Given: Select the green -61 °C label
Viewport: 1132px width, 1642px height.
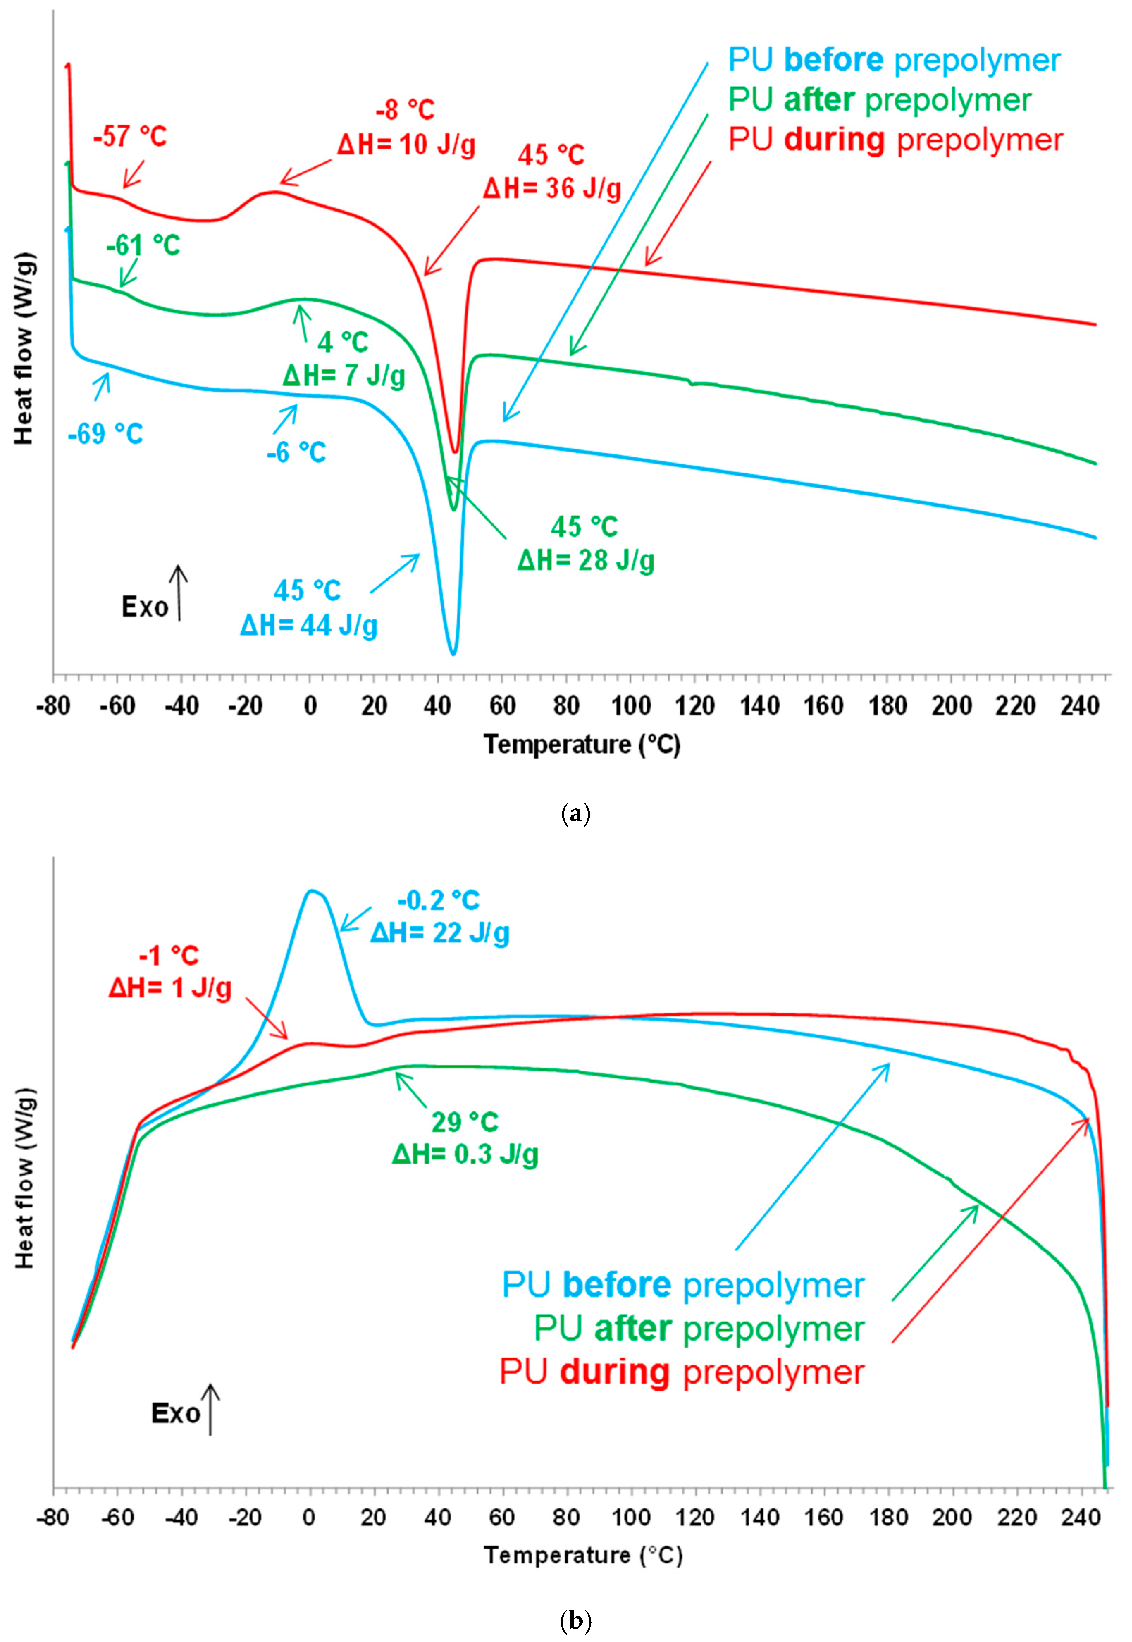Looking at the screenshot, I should [143, 245].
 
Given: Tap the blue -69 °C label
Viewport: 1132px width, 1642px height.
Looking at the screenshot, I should [106, 434].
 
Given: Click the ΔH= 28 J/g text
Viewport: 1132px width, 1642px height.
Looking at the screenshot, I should [586, 560].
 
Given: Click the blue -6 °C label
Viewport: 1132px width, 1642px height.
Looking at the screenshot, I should [297, 452].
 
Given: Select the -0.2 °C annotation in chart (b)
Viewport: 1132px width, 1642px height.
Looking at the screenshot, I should [439, 900].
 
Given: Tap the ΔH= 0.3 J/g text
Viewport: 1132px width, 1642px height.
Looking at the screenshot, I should [465, 1154].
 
